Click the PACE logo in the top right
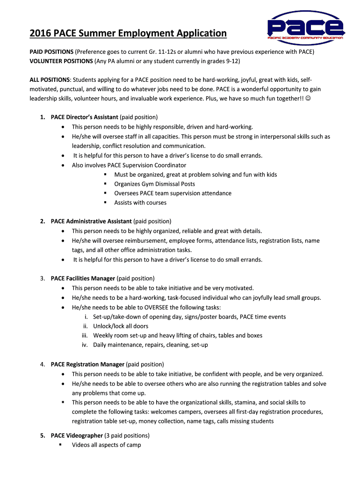pos(306,29)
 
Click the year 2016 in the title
pos(40,33)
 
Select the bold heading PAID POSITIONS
pos(51,51)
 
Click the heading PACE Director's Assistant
pos(85,117)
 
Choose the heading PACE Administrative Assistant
pos(91,221)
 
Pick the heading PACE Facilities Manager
pos(83,278)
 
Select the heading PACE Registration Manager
pos(87,364)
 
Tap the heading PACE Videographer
pos(77,435)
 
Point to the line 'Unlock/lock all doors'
pos(121,326)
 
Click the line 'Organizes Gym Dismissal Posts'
pos(155,184)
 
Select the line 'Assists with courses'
pos(140,203)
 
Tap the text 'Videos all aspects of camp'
pos(106,445)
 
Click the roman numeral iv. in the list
pos(85,345)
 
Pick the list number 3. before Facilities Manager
pos(43,278)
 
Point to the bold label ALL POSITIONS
pos(50,80)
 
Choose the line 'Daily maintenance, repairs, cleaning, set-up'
pos(151,345)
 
